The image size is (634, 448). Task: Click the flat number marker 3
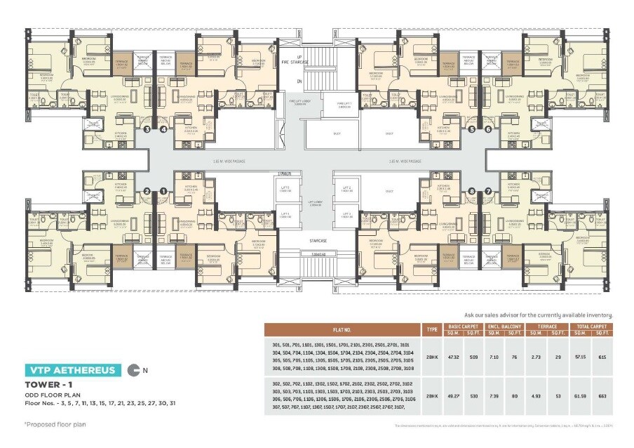147,129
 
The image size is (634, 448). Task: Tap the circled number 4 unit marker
163,129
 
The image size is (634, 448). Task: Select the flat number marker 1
163,190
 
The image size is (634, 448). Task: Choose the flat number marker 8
471,190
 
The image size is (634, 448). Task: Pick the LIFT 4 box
284,216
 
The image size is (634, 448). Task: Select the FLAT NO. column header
342,329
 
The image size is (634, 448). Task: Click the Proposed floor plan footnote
50,424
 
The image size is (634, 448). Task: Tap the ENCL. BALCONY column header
506,326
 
